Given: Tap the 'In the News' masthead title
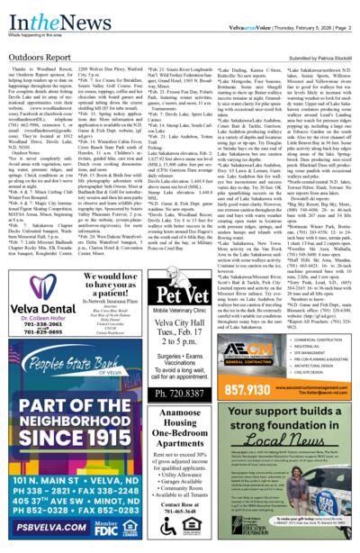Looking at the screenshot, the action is coord(37,13).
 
